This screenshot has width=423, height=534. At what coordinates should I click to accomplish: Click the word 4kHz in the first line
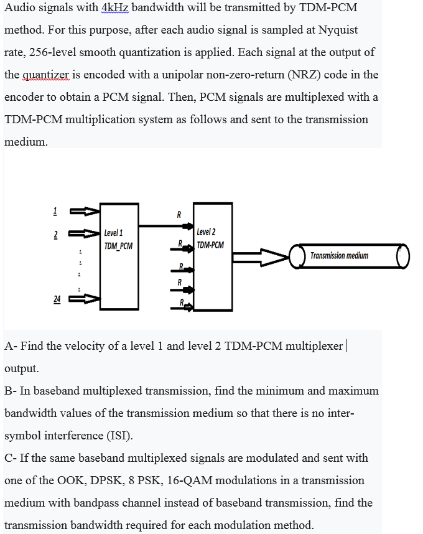click(114, 7)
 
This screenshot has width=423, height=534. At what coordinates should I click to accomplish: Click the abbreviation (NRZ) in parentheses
click(303, 75)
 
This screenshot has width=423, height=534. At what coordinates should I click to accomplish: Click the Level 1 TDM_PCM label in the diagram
click(118, 239)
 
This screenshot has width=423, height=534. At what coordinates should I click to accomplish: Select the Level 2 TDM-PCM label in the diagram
click(210, 238)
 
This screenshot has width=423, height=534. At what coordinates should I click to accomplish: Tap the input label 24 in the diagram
click(57, 299)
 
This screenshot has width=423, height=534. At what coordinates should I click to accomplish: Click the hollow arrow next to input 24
click(85, 299)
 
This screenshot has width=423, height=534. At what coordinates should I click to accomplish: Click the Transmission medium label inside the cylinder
click(339, 256)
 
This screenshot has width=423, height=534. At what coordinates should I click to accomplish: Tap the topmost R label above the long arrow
click(179, 215)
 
